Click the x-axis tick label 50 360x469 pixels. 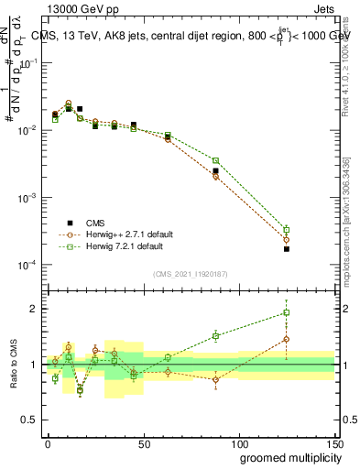[x=143, y=442]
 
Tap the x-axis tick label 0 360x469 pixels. [x=48, y=442]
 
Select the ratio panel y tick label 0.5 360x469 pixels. [x=29, y=420]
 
